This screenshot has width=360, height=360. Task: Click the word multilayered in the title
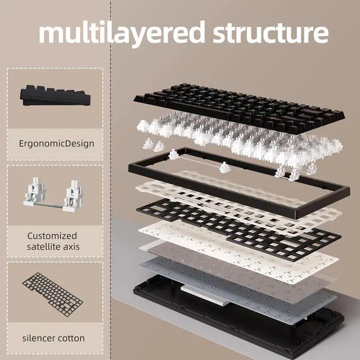tap(121, 34)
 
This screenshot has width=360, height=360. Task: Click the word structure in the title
tap(271, 34)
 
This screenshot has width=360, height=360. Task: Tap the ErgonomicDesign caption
tap(56, 144)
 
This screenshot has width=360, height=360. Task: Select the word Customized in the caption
tap(52, 236)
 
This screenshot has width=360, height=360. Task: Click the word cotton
tap(71, 339)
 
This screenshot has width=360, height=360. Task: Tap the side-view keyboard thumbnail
tap(55, 95)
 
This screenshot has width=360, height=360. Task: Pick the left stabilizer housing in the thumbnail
tap(34, 192)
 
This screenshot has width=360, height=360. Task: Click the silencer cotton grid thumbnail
tap(52, 295)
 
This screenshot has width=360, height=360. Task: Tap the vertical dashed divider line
tap(111, 180)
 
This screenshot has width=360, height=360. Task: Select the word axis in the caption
tap(73, 247)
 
